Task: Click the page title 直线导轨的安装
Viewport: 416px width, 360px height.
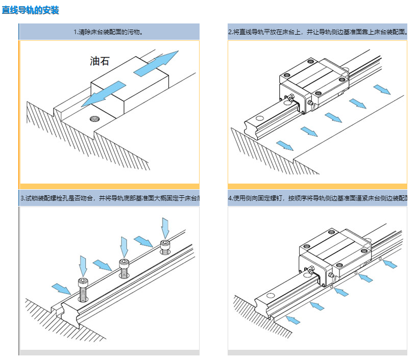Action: (31, 10)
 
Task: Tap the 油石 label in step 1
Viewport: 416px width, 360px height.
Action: (100, 62)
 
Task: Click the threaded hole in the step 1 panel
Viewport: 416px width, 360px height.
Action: (94, 119)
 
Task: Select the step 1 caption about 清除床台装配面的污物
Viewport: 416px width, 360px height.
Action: (108, 32)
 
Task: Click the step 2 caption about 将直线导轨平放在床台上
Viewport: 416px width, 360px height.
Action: (317, 32)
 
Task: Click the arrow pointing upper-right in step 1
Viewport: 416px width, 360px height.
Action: (156, 62)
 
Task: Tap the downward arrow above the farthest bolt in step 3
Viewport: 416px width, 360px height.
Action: (165, 227)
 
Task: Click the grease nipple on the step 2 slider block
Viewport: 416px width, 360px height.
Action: (291, 97)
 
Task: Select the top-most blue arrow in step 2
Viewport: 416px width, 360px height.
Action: (381, 90)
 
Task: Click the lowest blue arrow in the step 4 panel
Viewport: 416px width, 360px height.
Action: (292, 320)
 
